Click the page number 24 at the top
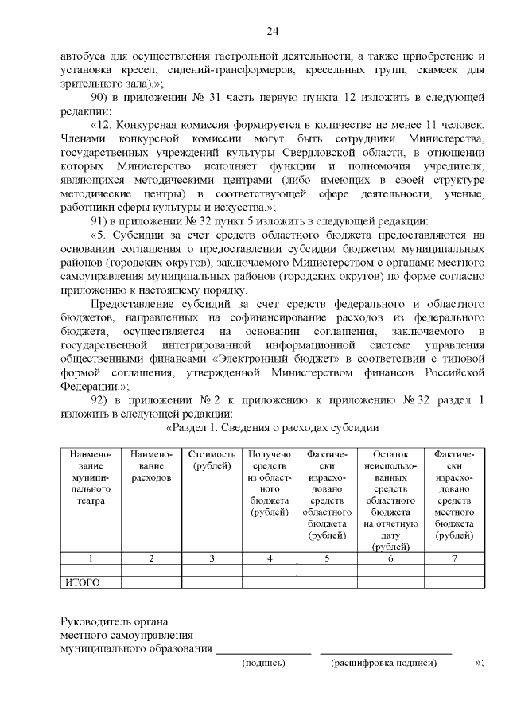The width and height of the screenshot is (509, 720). [x=272, y=32]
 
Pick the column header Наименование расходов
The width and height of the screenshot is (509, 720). [x=151, y=465]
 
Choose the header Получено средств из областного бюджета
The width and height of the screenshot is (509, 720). [x=270, y=483]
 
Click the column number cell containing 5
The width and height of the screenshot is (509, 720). [x=327, y=558]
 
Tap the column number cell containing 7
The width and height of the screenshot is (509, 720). [x=454, y=558]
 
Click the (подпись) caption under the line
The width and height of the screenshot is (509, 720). [x=263, y=662]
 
